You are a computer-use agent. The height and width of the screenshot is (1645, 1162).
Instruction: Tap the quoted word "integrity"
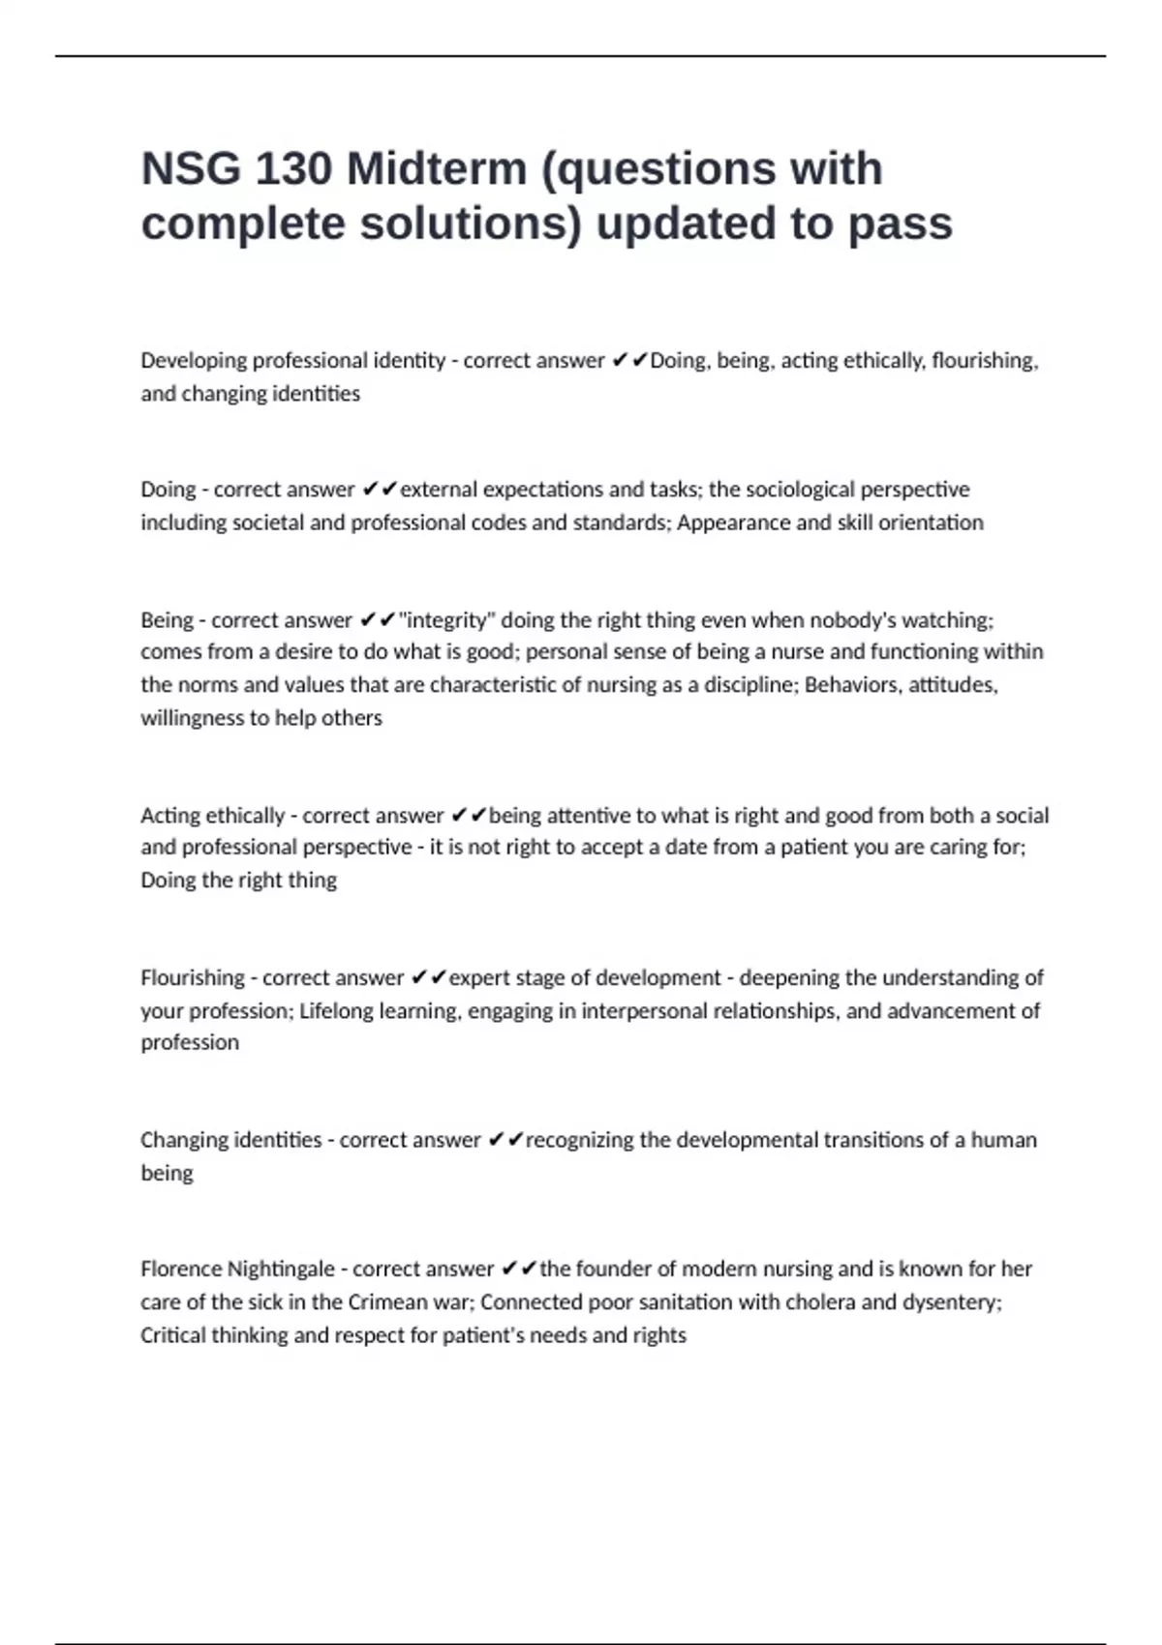[446, 620]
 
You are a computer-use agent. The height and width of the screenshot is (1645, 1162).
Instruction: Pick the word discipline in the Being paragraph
[748, 685]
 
